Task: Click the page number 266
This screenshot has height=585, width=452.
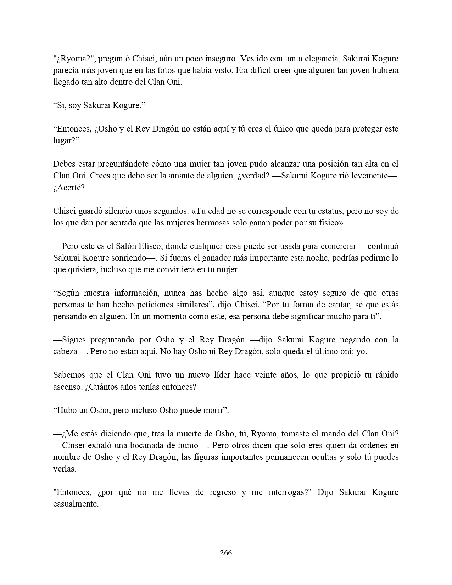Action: point(226,552)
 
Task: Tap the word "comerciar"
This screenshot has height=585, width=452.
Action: point(338,246)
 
